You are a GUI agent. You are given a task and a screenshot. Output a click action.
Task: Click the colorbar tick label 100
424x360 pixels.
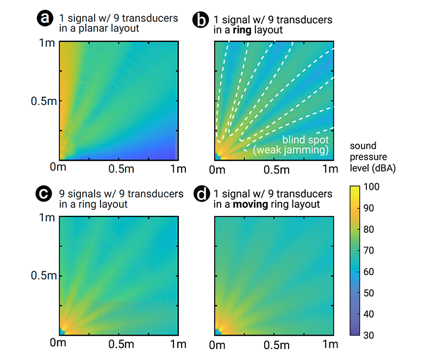(375, 188)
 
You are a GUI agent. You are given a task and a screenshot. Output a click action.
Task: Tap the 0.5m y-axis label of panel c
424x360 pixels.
(41, 276)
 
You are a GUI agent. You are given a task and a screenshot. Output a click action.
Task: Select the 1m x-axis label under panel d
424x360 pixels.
(330, 344)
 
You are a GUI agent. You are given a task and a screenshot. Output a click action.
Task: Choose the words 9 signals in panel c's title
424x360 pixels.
(79, 194)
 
